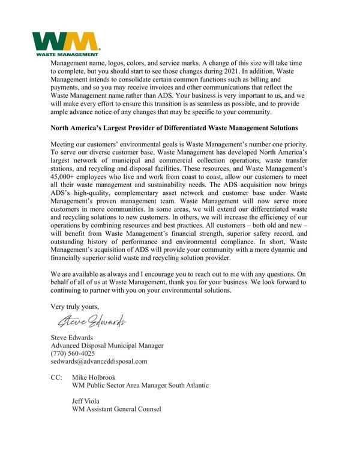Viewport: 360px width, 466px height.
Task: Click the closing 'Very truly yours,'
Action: tap(74, 307)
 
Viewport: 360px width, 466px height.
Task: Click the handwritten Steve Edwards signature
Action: tap(88, 322)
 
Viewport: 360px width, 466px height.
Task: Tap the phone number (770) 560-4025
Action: tap(73, 353)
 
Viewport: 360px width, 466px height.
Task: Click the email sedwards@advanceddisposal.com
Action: tap(99, 362)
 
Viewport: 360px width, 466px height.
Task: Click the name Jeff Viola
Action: tap(86, 401)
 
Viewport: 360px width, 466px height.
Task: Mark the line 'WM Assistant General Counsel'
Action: tap(116, 410)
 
